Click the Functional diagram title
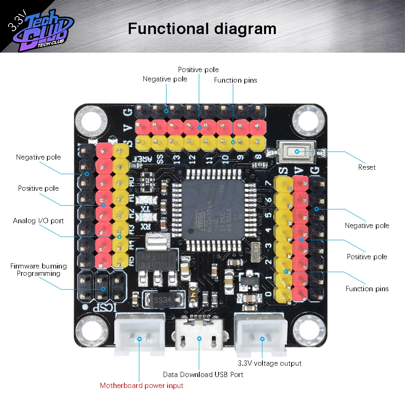202,29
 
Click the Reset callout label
367,167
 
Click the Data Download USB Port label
203,375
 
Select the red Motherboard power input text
141,386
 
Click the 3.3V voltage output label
269,363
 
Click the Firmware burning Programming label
38,270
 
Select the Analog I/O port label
38,221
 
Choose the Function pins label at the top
235,80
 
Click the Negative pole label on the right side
367,226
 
